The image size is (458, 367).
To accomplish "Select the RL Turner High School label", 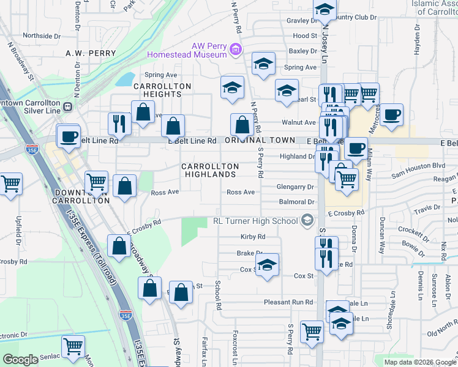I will click(x=255, y=221).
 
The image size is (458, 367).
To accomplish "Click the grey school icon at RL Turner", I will click(x=307, y=220).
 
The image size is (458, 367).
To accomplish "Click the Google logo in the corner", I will click(x=21, y=360).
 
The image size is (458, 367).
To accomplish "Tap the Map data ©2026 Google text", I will click(x=419, y=361).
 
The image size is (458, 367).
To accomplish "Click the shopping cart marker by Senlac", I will click(x=73, y=347).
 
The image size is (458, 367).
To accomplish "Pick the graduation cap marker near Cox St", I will click(x=267, y=265).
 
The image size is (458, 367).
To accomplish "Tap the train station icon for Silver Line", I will click(x=68, y=106).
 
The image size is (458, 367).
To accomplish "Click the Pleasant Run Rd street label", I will click(x=288, y=302).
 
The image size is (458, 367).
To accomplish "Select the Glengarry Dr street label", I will click(x=295, y=187).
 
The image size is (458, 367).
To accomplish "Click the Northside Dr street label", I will click(x=40, y=36).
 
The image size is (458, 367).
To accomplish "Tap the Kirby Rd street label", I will click(x=253, y=237).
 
